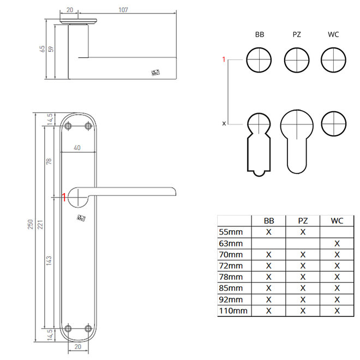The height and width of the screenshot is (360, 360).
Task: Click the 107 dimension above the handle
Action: click(x=123, y=10)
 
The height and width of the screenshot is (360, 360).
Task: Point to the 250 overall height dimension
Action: click(x=31, y=224)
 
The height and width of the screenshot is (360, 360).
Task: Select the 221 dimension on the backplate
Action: click(x=40, y=224)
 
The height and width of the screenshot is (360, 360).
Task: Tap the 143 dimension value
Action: click(x=49, y=261)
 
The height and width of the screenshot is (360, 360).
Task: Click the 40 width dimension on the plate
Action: click(x=77, y=148)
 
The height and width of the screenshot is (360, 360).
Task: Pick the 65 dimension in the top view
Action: click(x=42, y=49)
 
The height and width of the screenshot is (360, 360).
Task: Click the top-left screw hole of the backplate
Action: click(x=68, y=126)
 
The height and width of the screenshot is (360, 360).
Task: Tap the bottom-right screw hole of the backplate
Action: click(x=88, y=328)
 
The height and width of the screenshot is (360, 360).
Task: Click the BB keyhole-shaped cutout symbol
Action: click(x=259, y=145)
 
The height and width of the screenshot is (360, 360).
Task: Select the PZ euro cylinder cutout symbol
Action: click(x=297, y=141)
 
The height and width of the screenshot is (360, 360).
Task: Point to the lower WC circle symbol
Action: click(x=333, y=124)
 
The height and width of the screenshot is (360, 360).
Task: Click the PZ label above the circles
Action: click(x=297, y=35)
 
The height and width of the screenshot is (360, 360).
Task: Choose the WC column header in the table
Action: click(x=337, y=221)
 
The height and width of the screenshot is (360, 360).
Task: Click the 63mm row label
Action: click(x=231, y=243)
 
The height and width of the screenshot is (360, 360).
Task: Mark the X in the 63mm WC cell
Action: click(x=337, y=243)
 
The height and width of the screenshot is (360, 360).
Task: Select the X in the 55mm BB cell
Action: click(x=268, y=232)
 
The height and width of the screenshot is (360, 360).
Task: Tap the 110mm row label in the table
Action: click(x=233, y=311)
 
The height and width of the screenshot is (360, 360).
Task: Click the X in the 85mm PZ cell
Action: click(x=303, y=288)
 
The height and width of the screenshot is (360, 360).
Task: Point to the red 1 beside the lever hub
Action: click(x=64, y=197)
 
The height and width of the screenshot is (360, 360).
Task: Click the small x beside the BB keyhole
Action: click(x=224, y=123)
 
